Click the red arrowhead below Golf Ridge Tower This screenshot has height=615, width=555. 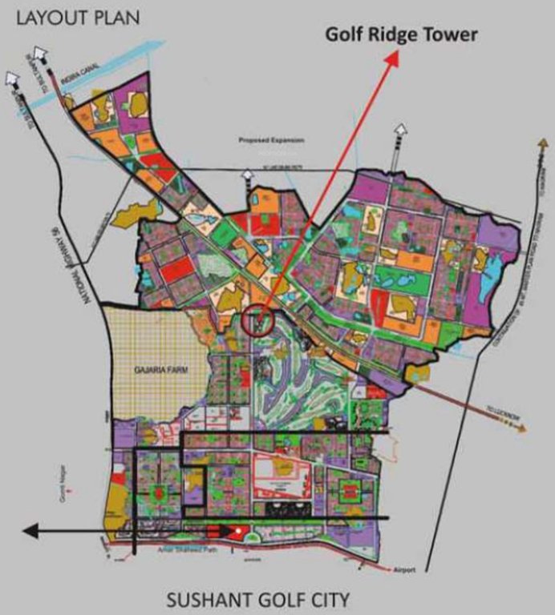point(393,58)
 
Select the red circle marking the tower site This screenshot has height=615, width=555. point(258,322)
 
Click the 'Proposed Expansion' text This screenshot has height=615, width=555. point(271,140)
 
